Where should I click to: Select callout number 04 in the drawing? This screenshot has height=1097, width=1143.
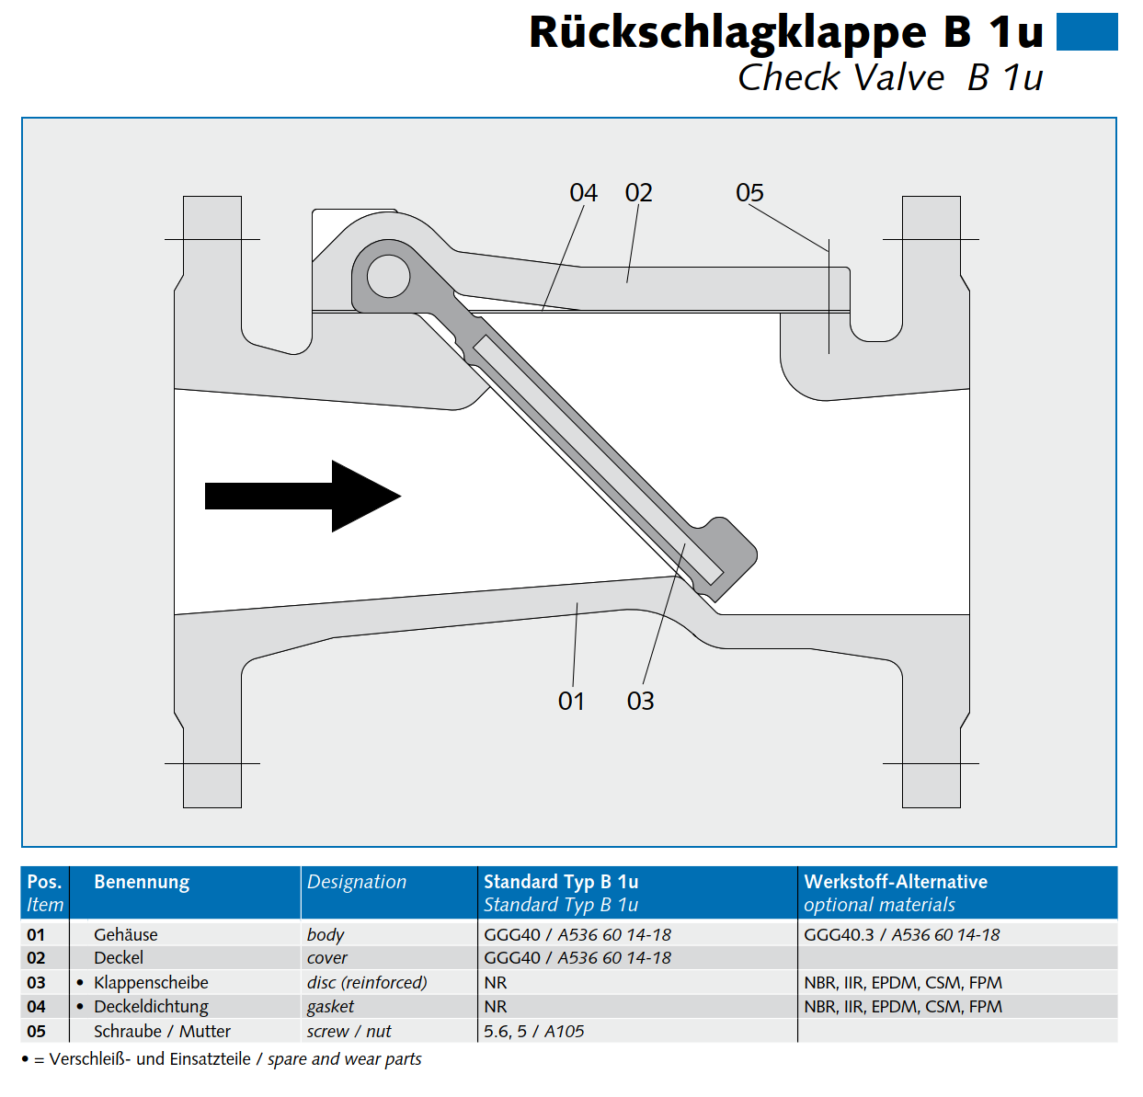click(583, 193)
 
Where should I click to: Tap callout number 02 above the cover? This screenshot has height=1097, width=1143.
click(638, 193)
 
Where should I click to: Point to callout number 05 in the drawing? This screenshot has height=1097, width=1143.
click(749, 193)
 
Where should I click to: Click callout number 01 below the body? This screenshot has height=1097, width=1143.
click(571, 702)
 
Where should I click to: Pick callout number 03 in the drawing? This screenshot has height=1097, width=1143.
click(640, 702)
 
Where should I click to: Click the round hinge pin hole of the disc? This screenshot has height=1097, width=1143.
click(388, 276)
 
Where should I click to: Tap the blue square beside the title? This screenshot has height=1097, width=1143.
click(1086, 32)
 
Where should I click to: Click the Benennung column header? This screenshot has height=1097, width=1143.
click(142, 882)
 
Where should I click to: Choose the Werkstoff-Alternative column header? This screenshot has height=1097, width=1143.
click(896, 882)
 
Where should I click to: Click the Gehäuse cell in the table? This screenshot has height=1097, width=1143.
click(126, 934)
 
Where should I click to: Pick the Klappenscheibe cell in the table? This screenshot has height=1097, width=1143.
click(151, 982)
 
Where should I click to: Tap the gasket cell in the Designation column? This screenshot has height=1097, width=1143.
click(330, 1007)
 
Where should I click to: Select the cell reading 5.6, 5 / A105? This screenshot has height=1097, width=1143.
click(534, 1032)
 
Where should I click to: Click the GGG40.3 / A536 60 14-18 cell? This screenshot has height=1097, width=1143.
click(901, 934)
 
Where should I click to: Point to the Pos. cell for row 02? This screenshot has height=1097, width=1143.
click(36, 958)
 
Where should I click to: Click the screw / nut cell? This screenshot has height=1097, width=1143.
click(349, 1032)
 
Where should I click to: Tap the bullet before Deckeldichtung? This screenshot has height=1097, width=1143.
click(80, 1007)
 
